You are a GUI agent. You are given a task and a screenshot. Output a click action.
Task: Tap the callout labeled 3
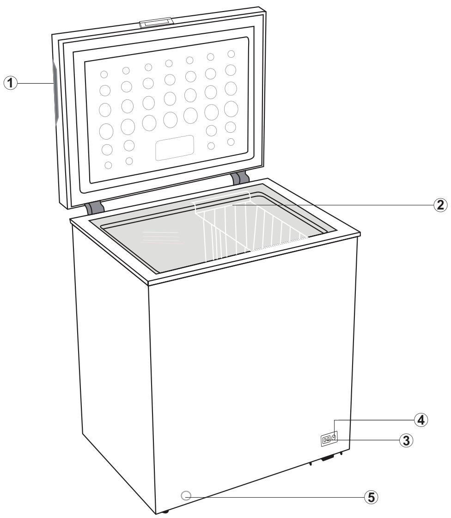[406, 440]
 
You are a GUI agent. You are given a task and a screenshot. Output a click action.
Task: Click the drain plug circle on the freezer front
[186, 496]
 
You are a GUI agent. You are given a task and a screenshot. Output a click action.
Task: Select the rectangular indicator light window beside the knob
[327, 440]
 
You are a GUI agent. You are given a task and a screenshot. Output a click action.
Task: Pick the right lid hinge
[240, 178]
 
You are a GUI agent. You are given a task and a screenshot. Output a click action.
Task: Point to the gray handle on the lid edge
[55, 92]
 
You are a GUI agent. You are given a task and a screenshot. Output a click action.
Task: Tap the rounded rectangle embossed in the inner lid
[174, 148]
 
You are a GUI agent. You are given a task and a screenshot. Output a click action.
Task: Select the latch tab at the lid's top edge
[158, 23]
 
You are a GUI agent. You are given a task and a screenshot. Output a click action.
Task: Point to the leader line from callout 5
[277, 497]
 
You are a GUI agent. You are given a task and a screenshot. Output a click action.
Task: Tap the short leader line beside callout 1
[35, 83]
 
